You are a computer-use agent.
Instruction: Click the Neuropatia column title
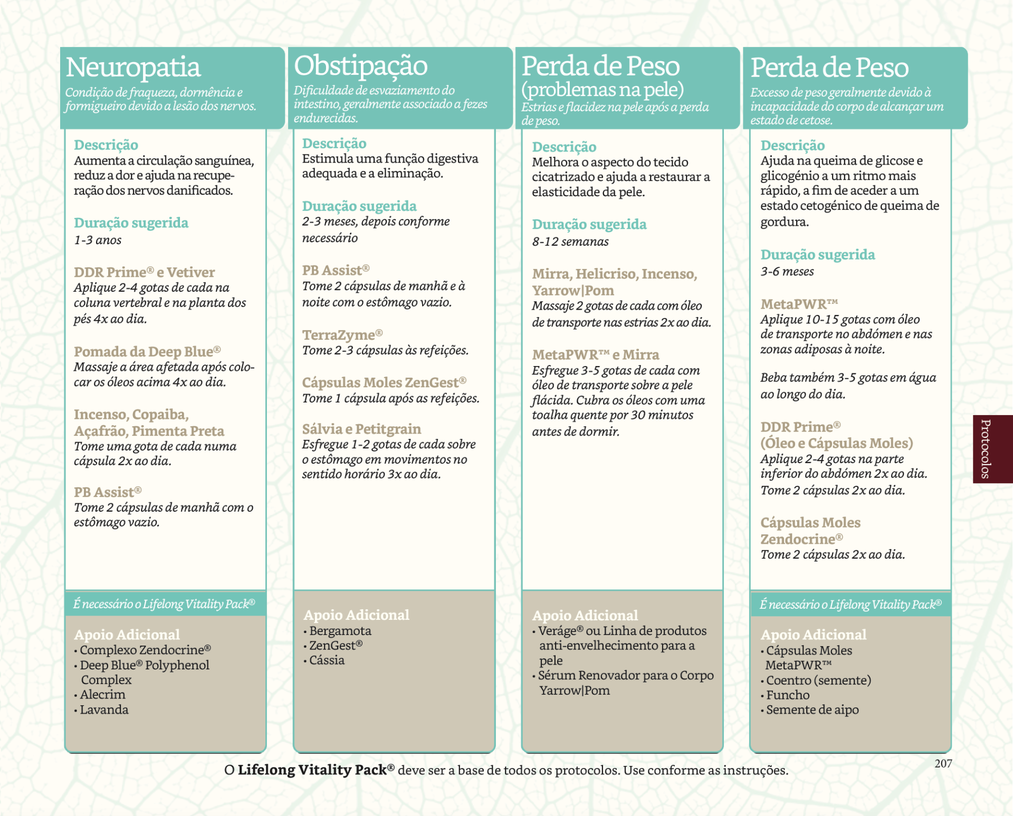(x=133, y=68)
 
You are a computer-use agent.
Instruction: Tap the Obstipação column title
(x=360, y=66)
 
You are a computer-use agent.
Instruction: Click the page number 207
(x=943, y=763)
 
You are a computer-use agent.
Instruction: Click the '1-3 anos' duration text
(x=98, y=240)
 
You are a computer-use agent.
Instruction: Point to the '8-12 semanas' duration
(x=570, y=242)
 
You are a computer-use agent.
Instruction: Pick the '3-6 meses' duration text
(x=787, y=272)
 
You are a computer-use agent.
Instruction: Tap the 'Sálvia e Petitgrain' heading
(x=361, y=429)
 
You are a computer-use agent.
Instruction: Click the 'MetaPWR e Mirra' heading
(x=595, y=354)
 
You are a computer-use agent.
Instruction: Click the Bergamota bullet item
(x=340, y=631)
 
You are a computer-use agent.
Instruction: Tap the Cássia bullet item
(x=327, y=660)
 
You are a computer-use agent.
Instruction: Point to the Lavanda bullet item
(x=104, y=710)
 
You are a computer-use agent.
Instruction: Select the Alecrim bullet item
(x=102, y=695)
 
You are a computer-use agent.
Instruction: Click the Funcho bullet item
(x=787, y=695)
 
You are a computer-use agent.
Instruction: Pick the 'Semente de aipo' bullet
(x=812, y=710)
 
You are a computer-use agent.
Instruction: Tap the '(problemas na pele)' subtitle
(x=602, y=90)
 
